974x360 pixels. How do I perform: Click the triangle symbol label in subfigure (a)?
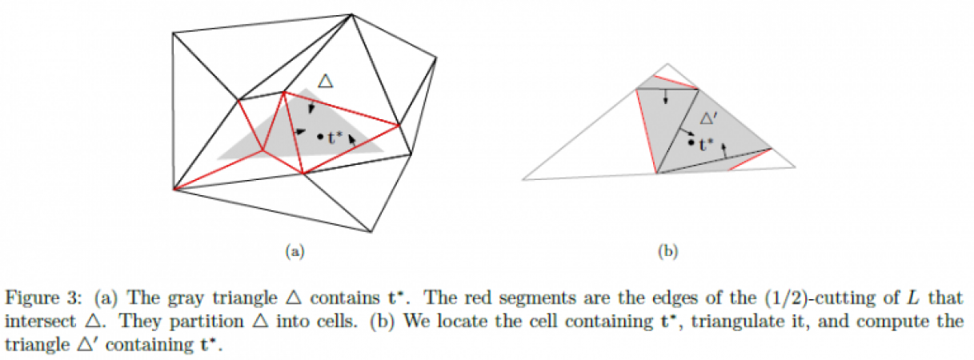tap(324, 81)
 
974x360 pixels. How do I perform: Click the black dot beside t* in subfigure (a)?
tap(319, 137)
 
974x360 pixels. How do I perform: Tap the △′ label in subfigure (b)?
tap(709, 118)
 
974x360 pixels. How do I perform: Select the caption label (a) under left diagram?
tap(295, 252)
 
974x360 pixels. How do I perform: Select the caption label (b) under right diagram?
tap(667, 252)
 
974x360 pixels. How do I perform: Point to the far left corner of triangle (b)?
tap(523, 178)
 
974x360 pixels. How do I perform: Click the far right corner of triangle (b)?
tap(796, 166)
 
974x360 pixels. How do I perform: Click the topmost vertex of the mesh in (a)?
tap(351, 14)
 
